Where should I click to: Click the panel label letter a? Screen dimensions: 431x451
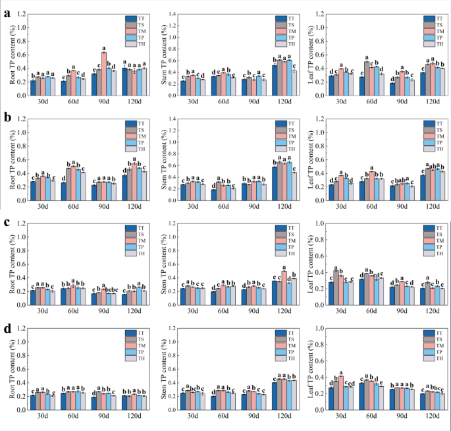[7, 12]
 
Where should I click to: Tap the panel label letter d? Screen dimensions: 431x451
[7, 328]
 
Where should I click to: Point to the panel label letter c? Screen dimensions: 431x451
[7, 222]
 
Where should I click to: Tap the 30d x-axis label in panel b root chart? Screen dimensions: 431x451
[43, 207]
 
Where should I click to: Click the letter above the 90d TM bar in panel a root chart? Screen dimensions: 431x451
[104, 47]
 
